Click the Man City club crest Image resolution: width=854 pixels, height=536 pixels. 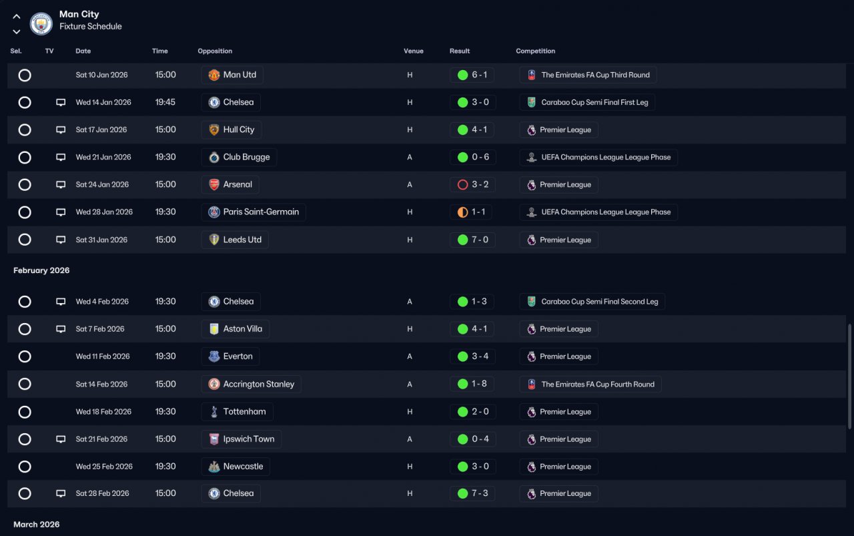coord(41,23)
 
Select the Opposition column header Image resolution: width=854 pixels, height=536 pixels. coord(215,51)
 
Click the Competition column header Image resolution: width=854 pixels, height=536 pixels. coord(535,51)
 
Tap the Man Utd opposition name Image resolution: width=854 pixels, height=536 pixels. coord(240,75)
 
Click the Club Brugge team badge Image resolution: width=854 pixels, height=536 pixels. coord(214,157)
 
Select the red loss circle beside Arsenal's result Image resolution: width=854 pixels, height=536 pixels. coord(462,185)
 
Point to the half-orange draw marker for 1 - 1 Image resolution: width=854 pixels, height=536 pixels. coord(462,212)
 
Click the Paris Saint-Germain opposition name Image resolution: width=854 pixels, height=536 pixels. coord(261,212)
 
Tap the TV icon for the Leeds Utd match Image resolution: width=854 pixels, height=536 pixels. coord(61,240)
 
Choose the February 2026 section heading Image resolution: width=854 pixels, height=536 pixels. coord(41,270)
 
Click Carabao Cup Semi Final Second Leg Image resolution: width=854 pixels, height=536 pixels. coord(599,302)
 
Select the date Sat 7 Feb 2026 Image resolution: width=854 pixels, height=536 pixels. coord(100,329)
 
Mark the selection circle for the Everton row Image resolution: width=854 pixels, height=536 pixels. coord(25,356)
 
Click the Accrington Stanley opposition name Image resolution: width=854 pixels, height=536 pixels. coord(258,384)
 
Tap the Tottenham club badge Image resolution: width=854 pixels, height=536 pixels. coord(214,412)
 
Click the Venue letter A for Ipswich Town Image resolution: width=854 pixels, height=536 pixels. coord(410,439)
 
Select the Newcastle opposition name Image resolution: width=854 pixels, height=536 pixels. coord(243,466)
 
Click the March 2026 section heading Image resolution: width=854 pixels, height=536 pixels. coord(37,524)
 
